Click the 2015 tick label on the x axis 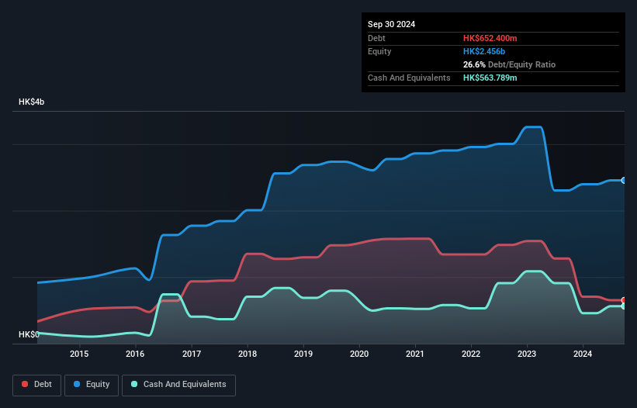pyautogui.click(x=79, y=354)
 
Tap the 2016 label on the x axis pyautogui.click(x=135, y=354)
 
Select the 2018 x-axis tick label pyautogui.click(x=248, y=354)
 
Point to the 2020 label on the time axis pyautogui.click(x=359, y=354)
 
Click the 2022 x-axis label pyautogui.click(x=471, y=354)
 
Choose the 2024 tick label pyautogui.click(x=583, y=354)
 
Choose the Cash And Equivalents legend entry pyautogui.click(x=178, y=384)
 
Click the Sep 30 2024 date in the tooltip pyautogui.click(x=392, y=24)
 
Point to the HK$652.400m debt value pyautogui.click(x=490, y=38)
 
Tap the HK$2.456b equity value pyautogui.click(x=484, y=51)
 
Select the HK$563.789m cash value pyautogui.click(x=490, y=78)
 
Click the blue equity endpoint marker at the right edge pyautogui.click(x=624, y=180)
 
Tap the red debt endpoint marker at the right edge pyautogui.click(x=624, y=300)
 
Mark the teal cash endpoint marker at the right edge pyautogui.click(x=624, y=306)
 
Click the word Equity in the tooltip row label pyautogui.click(x=379, y=51)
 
